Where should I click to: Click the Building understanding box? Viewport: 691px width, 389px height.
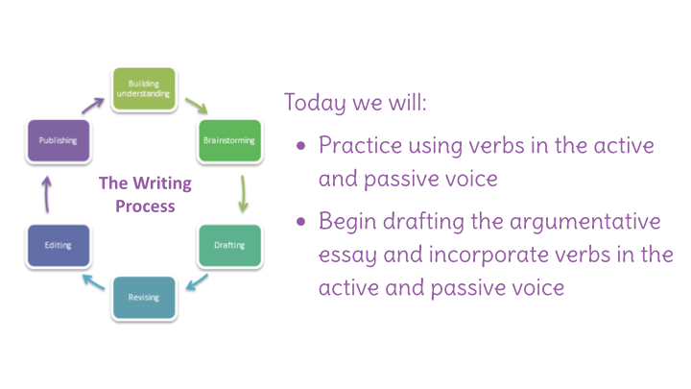(144, 88)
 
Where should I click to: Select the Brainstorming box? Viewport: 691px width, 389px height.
(229, 140)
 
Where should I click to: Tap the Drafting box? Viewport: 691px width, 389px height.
(229, 245)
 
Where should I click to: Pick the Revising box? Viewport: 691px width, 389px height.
(144, 297)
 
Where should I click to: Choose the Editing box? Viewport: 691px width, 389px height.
(59, 245)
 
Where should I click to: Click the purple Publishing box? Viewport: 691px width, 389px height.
(59, 140)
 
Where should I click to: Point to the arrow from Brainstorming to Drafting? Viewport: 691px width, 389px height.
(243, 194)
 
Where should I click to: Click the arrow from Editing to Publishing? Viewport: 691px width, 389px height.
(47, 194)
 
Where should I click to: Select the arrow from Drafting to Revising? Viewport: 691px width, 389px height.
(197, 282)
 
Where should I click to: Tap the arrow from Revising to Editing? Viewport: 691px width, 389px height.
(93, 281)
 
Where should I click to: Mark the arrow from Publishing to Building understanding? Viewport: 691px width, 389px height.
(92, 106)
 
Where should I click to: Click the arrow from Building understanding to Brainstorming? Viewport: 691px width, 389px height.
(197, 106)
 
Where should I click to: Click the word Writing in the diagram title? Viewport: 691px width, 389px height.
(162, 183)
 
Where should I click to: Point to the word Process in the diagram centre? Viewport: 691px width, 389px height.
(145, 207)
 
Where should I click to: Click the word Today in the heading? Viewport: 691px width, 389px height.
(315, 103)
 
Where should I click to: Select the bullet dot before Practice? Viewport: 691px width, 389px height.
(301, 146)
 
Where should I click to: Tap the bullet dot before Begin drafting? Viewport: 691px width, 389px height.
(301, 222)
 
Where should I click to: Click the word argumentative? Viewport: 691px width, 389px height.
(585, 222)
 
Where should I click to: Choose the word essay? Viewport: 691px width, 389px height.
(347, 255)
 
